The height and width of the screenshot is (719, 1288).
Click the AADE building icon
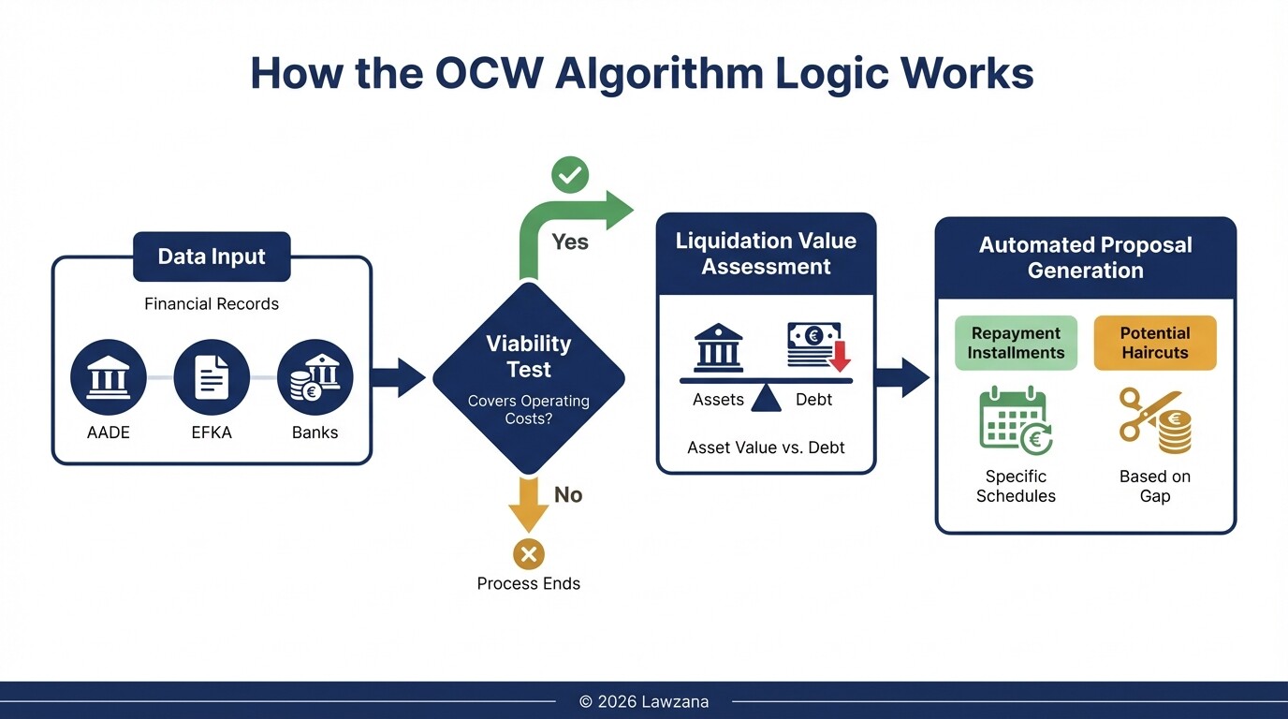pos(109,377)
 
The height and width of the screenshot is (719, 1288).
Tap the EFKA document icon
pos(212,377)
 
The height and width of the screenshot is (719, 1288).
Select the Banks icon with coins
pos(315,377)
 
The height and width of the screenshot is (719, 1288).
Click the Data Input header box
pos(212,257)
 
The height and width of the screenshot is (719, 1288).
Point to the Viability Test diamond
pos(529,377)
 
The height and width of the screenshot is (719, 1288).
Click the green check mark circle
pos(569,175)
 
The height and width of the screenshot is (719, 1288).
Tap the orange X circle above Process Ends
pos(529,554)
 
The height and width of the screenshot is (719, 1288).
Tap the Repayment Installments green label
pos(1016,343)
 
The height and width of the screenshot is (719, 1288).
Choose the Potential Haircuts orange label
pos(1155,343)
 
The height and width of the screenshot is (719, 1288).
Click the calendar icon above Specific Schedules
pos(1016,420)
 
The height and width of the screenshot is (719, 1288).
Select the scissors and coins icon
pos(1155,420)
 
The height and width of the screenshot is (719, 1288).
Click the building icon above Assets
pos(718,348)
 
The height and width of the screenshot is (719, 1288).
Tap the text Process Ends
pos(529,583)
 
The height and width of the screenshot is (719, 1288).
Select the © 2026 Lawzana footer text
pos(644,701)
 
